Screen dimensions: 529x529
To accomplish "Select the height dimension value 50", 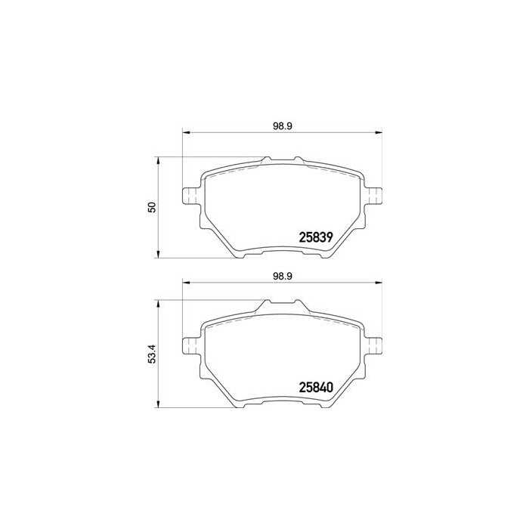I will pos(151,206).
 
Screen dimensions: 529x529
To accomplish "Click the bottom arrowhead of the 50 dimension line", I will pos(157,254).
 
